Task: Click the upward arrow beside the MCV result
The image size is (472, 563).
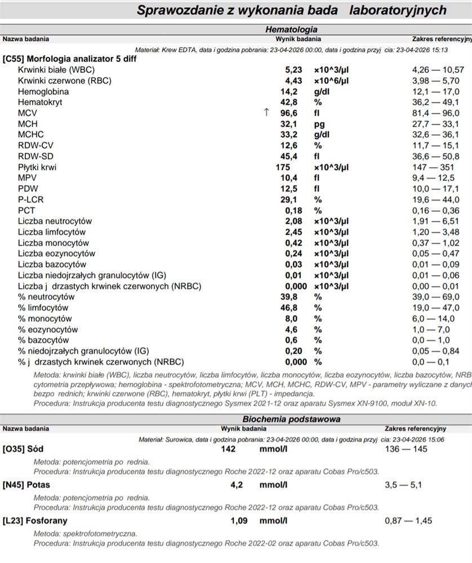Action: [266, 113]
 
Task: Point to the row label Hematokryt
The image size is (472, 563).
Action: [40, 102]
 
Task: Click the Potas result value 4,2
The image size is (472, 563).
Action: [237, 485]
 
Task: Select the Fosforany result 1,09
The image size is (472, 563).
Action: [239, 521]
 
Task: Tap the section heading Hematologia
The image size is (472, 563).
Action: [291, 29]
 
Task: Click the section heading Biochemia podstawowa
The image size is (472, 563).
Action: [291, 419]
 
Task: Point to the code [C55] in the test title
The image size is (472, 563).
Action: [14, 59]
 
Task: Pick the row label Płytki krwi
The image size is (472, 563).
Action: [37, 167]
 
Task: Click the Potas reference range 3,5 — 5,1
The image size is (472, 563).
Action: [403, 485]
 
